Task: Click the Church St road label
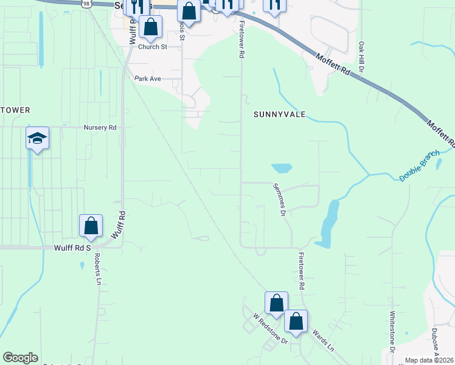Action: pos(152,47)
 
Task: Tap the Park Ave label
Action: pos(147,78)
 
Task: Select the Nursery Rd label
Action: pos(100,128)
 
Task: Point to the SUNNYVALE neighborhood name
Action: pos(279,114)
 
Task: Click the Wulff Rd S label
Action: pos(72,248)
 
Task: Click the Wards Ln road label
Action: pos(322,341)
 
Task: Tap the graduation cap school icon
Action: pos(37,139)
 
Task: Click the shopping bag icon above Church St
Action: pos(150,27)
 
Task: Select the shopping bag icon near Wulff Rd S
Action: pos(91,226)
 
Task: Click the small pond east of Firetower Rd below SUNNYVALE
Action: pos(281,168)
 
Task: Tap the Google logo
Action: pos(21,358)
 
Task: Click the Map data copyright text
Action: pos(429,360)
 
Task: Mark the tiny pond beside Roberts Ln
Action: pos(81,265)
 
